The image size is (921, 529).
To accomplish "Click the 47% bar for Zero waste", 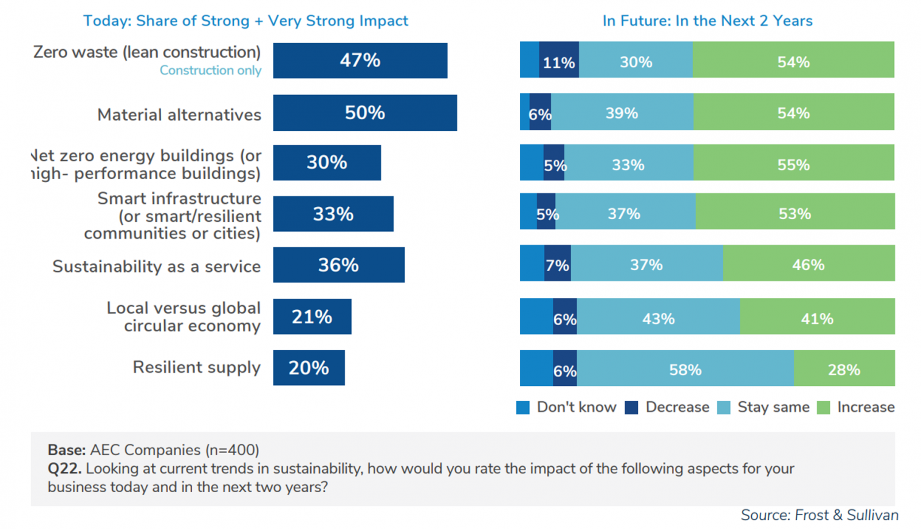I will tap(360, 61).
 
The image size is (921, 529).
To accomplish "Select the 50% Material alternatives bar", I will tap(364, 113).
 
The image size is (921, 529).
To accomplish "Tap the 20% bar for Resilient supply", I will tap(309, 368).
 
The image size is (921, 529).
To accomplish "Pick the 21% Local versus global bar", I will tap(312, 316).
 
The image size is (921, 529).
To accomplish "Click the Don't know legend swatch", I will tap(523, 408).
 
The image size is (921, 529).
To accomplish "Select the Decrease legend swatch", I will tap(631, 408).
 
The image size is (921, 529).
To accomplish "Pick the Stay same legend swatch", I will tap(724, 408).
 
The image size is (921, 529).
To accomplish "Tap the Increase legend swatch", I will tap(824, 408).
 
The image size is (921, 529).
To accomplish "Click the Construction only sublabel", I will tap(210, 70).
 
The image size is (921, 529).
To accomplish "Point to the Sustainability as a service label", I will tap(157, 266).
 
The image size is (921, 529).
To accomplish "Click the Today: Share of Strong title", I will tap(246, 21).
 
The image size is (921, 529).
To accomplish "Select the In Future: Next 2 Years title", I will tap(707, 21).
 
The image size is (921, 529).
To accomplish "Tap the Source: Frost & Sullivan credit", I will tap(819, 515).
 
